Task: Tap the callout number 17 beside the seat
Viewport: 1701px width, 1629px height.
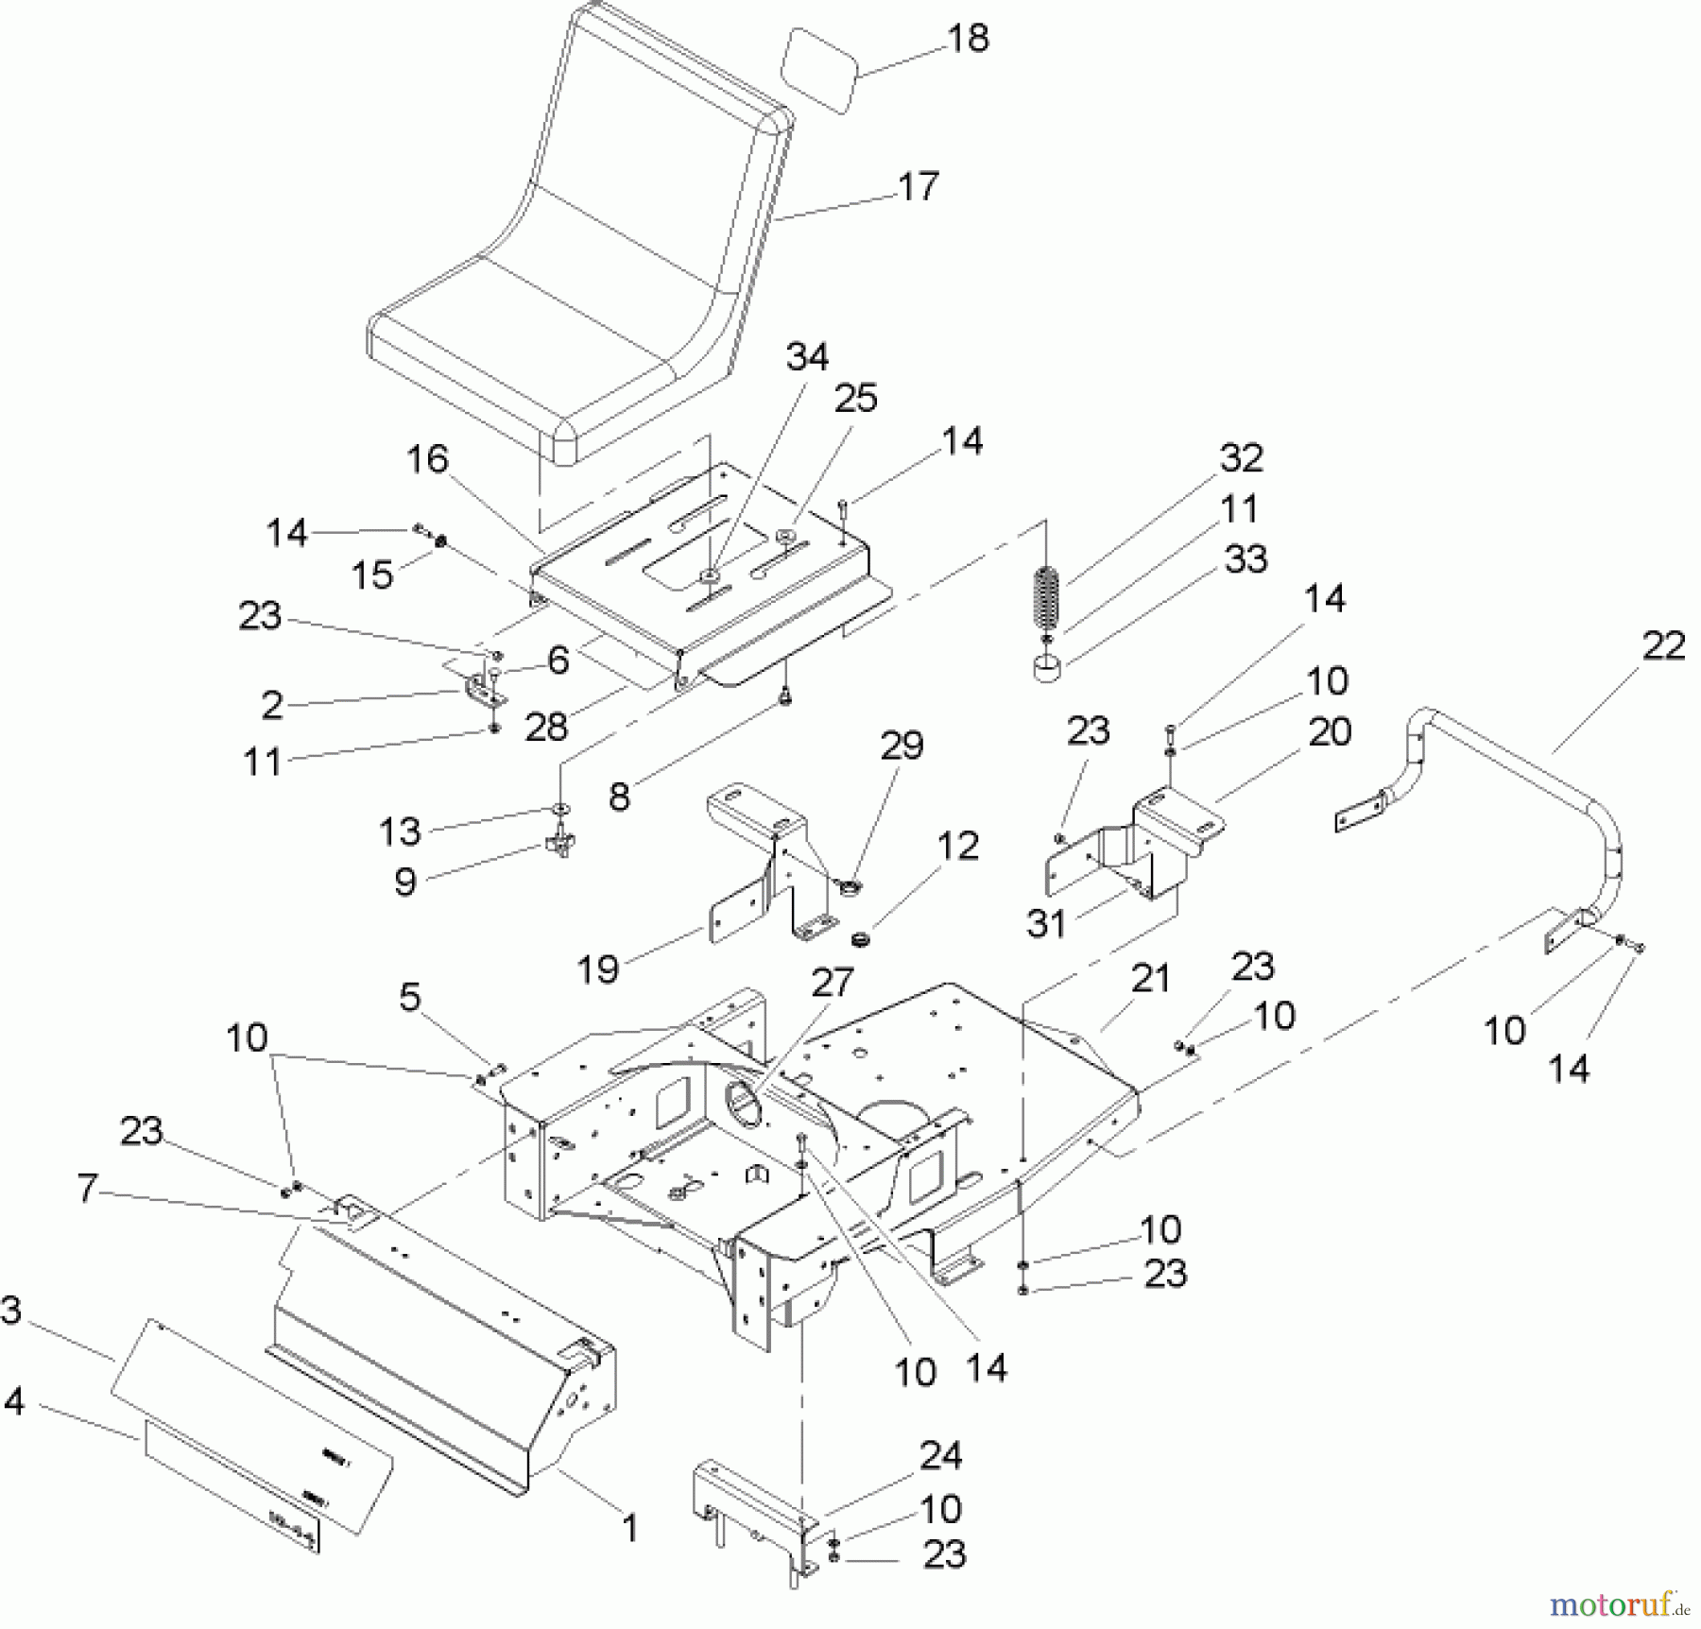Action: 918,186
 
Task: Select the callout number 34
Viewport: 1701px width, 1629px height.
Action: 807,357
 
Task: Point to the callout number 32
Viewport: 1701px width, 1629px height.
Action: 1241,458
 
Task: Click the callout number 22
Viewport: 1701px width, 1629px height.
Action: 1664,646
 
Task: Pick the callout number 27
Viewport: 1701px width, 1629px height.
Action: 832,983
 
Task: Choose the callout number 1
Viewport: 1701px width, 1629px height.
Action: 629,1527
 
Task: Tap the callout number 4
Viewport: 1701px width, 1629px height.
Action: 13,1401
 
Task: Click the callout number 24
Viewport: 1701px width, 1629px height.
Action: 941,1456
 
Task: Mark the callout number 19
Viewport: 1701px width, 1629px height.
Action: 597,969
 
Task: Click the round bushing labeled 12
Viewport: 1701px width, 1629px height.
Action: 861,940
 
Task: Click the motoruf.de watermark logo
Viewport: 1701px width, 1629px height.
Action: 1619,1604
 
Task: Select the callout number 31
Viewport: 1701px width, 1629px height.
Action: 1046,923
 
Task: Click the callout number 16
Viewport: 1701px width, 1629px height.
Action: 427,459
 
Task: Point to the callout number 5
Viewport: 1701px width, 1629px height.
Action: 409,997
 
